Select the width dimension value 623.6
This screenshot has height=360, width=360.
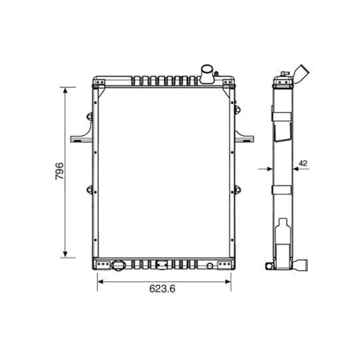tap(163, 289)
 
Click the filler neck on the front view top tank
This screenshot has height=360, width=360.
tap(207, 73)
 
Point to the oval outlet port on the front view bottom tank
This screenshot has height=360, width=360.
tap(117, 265)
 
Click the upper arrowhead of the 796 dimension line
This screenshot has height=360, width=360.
tap(65, 90)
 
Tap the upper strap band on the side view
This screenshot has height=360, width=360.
tap(282, 117)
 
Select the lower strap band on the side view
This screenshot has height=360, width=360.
tap(282, 190)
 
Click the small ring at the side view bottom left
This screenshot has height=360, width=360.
tap(268, 266)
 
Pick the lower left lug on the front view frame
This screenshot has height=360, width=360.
tap(89, 189)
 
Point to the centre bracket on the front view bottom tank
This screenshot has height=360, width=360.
tap(162, 265)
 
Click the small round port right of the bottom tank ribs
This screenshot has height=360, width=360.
tap(210, 265)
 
